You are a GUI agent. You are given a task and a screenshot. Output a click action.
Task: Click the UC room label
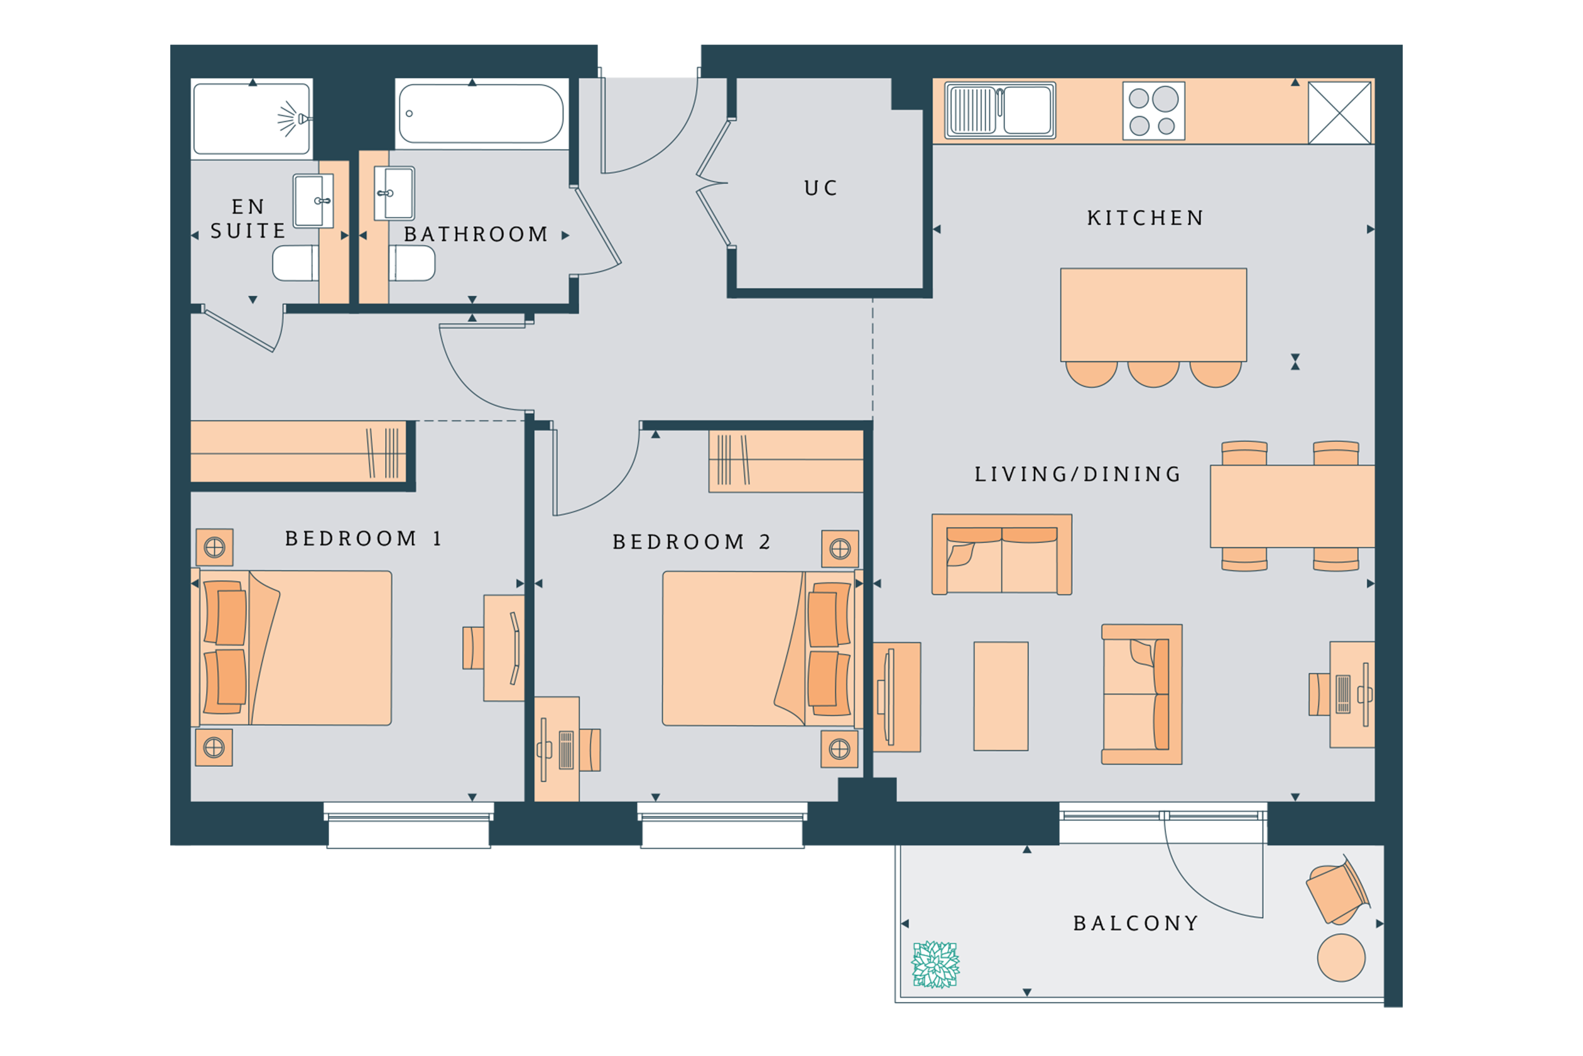[820, 188]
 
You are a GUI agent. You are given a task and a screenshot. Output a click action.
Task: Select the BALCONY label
[1136, 923]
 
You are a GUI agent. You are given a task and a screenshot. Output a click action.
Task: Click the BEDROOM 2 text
[691, 541]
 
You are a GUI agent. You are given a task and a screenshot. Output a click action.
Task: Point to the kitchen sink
[1000, 111]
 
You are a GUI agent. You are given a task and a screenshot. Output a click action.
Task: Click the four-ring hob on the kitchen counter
[1153, 111]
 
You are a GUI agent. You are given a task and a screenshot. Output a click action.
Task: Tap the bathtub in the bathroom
[481, 113]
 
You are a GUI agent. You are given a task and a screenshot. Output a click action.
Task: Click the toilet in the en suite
[295, 263]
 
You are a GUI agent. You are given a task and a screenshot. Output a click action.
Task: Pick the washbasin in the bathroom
[394, 194]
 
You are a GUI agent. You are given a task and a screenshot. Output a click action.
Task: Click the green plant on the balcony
[935, 964]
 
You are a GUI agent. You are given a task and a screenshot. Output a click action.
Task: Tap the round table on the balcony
[1341, 958]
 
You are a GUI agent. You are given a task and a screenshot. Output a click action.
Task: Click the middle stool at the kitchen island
[1153, 374]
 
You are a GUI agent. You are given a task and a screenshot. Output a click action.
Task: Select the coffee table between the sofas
[1001, 696]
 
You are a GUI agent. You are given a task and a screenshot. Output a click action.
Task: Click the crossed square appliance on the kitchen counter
[1339, 113]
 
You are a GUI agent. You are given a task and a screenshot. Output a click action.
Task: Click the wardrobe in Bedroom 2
[786, 461]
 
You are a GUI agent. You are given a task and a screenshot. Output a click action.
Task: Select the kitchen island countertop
[1153, 314]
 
